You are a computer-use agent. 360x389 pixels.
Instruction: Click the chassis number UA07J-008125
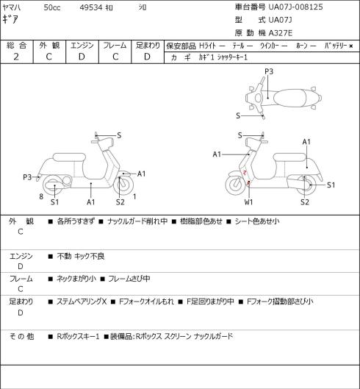coord(296,7)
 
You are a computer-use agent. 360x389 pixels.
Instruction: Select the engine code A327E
coord(281,33)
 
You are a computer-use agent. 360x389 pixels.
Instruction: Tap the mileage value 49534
coord(91,7)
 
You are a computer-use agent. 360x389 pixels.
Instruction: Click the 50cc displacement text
coord(52,7)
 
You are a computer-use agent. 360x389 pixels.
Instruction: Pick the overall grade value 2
coord(16,57)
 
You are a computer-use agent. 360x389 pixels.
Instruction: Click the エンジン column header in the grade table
coord(82,46)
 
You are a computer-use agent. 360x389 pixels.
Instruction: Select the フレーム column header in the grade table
coord(115,46)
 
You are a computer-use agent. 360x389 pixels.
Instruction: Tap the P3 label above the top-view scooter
coord(269,72)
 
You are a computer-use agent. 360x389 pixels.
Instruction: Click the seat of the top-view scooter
coord(289,98)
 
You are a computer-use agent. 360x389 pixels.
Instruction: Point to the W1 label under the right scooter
coord(248,202)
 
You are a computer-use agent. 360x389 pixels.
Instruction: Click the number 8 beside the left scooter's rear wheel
coord(41,197)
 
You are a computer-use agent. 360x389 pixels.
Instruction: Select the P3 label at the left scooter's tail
coord(27,177)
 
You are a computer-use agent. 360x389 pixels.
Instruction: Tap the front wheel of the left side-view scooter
coord(123,185)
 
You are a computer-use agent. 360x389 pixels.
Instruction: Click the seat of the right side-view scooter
coord(289,157)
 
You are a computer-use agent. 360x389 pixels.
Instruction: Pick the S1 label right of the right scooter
coord(331,185)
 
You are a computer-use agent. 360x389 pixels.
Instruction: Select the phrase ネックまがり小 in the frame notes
coord(76,279)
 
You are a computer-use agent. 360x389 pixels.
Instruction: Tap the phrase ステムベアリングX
coord(82,301)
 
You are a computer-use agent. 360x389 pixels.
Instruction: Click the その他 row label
coord(21,336)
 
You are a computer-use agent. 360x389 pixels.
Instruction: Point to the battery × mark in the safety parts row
coord(351,46)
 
